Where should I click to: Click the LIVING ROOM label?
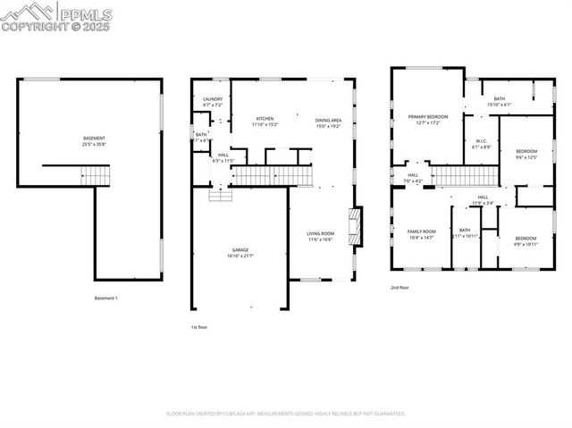coord(321,236)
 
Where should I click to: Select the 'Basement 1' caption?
coord(106,298)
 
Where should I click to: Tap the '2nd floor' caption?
coord(400,288)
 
